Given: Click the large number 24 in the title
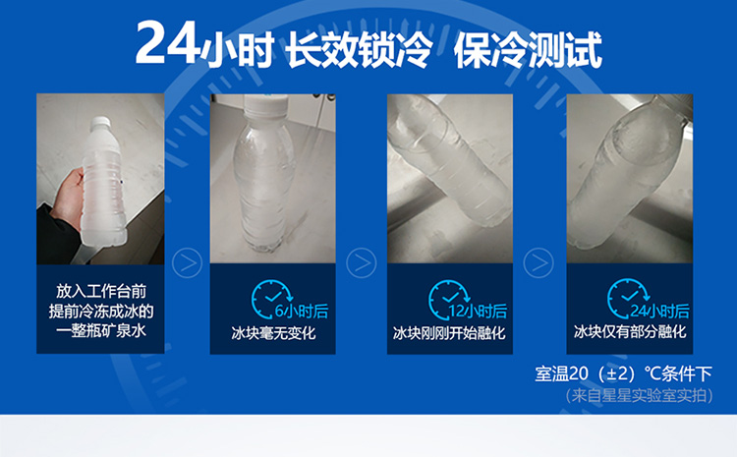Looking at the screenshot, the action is point(166,43).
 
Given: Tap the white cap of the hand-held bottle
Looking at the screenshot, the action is point(100,122).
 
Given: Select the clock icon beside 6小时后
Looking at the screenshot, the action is point(271,300).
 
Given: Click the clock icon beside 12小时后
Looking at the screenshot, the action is point(448,300).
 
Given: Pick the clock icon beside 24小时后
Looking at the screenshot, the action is point(628,300).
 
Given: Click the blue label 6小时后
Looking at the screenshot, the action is point(302,312).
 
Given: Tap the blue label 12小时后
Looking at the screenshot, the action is point(478,312).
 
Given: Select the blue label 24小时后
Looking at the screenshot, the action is point(659,312).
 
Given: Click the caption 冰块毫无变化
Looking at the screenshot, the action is point(273,333).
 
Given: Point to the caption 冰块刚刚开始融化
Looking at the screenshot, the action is point(449,333).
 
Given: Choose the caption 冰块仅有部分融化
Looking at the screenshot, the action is point(630,332).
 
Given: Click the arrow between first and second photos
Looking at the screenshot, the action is point(187,262).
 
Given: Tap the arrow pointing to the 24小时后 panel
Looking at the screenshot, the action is point(539,262).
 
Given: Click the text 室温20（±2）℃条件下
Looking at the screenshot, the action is point(623,374).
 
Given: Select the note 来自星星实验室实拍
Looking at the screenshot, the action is point(640,395).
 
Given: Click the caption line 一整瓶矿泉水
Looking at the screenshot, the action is point(101,331).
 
